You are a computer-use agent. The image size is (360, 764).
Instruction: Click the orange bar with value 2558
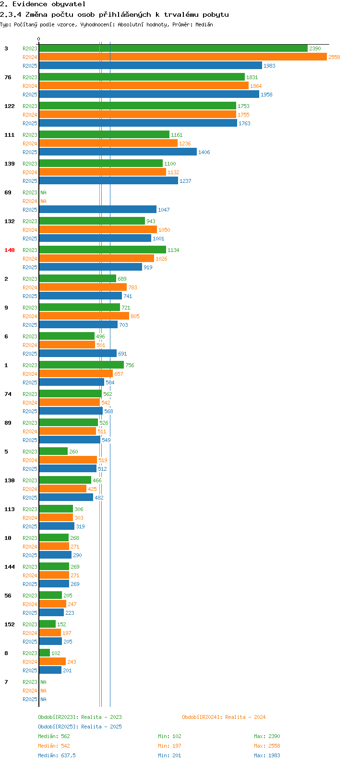pos(182,57)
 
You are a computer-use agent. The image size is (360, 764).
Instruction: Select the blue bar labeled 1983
pos(150,66)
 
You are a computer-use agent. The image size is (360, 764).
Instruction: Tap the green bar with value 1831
pos(142,77)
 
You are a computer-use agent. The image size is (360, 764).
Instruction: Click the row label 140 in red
pos(10,250)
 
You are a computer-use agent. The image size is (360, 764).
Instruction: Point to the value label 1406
pos(204,152)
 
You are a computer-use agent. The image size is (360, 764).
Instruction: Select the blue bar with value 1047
pos(97,210)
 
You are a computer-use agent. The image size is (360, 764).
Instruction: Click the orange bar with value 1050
pos(98,230)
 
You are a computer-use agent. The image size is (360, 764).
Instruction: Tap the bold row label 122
pos(10,106)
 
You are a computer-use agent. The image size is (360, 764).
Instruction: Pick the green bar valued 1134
pos(102,250)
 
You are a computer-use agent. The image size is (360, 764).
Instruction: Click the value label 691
pos(122,354)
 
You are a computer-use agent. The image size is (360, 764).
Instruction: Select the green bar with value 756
pos(81,365)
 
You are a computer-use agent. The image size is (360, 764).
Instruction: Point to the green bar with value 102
pos(44,653)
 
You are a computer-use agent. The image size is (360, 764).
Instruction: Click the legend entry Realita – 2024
pos(224,717)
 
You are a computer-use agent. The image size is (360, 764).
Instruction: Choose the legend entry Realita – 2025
pos(80,727)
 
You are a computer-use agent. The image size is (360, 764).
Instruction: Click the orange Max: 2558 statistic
pos(267,746)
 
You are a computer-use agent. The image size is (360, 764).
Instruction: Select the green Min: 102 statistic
pos(169,736)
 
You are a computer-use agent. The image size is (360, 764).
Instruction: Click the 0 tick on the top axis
pos(39,39)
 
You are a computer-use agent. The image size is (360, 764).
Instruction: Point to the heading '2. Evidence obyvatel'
pos(43,4)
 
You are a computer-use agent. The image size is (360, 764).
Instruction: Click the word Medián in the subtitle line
pos(204,24)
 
